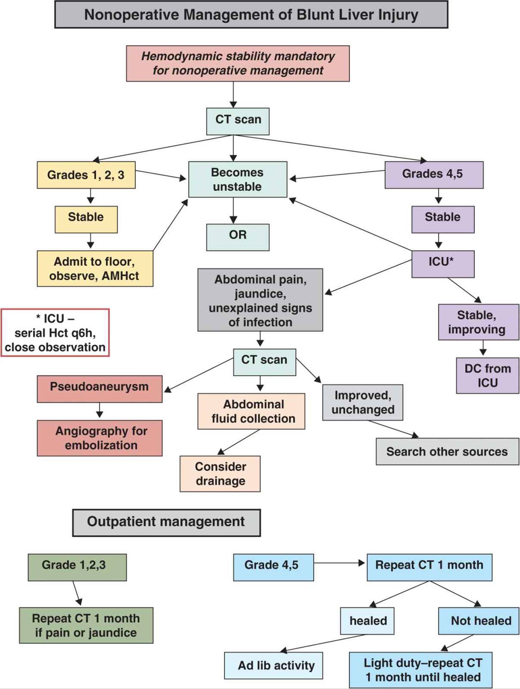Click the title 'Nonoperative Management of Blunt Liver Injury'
251,15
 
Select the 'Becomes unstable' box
238,179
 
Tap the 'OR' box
238,237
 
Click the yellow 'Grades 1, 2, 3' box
86,175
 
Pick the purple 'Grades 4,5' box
434,175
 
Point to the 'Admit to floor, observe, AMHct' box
95,268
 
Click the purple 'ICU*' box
442,264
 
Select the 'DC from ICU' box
487,375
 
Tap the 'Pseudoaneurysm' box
100,389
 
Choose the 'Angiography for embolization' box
100,438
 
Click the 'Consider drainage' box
220,474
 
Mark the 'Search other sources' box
447,452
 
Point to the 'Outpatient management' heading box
166,523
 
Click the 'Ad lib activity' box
274,665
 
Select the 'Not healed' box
478,621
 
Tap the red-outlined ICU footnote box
55,333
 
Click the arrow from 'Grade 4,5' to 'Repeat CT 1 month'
339,563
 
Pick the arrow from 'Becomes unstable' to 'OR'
233,210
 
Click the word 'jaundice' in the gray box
260,294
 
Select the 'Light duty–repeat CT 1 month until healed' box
420,670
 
